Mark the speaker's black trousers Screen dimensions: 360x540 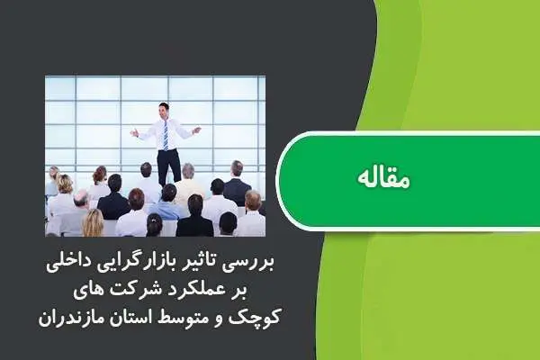click(168, 164)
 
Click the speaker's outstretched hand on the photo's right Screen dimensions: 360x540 click(196, 130)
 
